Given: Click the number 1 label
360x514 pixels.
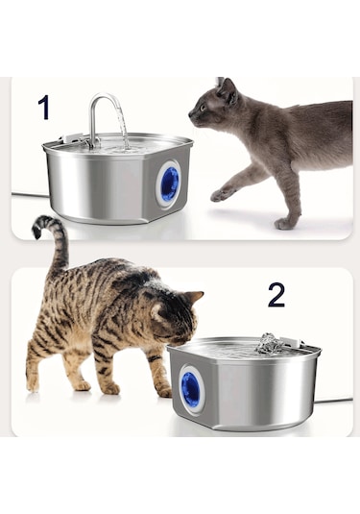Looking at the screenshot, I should (x=43, y=108).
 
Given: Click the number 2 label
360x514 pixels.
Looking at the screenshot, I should (x=276, y=295).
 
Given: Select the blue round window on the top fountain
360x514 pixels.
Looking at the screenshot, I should (x=169, y=183).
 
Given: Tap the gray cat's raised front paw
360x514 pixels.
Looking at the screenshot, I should (x=220, y=194).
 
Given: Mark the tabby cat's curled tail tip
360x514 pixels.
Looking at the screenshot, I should (x=40, y=226).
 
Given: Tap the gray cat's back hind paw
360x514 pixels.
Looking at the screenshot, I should (x=285, y=224).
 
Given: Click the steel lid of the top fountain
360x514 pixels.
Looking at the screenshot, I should (x=115, y=147).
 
